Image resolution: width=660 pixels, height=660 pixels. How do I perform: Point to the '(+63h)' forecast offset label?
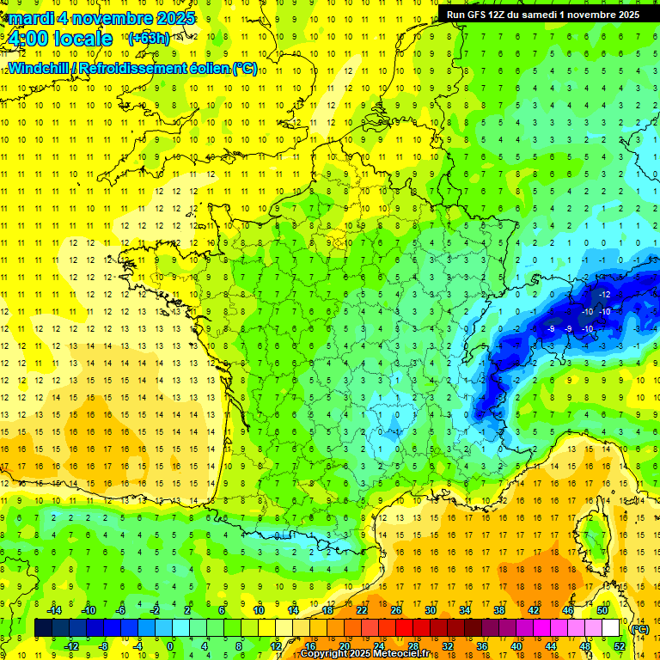148,38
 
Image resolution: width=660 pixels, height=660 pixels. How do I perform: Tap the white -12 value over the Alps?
605,295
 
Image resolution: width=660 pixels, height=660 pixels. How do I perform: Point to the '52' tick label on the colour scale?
620,646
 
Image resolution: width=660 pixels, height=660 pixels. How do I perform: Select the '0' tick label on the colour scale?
169,646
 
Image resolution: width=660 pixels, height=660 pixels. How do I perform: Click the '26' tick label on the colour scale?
396,610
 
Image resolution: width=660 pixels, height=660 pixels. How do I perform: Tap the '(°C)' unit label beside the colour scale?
640,629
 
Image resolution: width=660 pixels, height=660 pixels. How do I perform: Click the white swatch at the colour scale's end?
611,628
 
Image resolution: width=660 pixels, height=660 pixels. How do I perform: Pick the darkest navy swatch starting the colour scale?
43,628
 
